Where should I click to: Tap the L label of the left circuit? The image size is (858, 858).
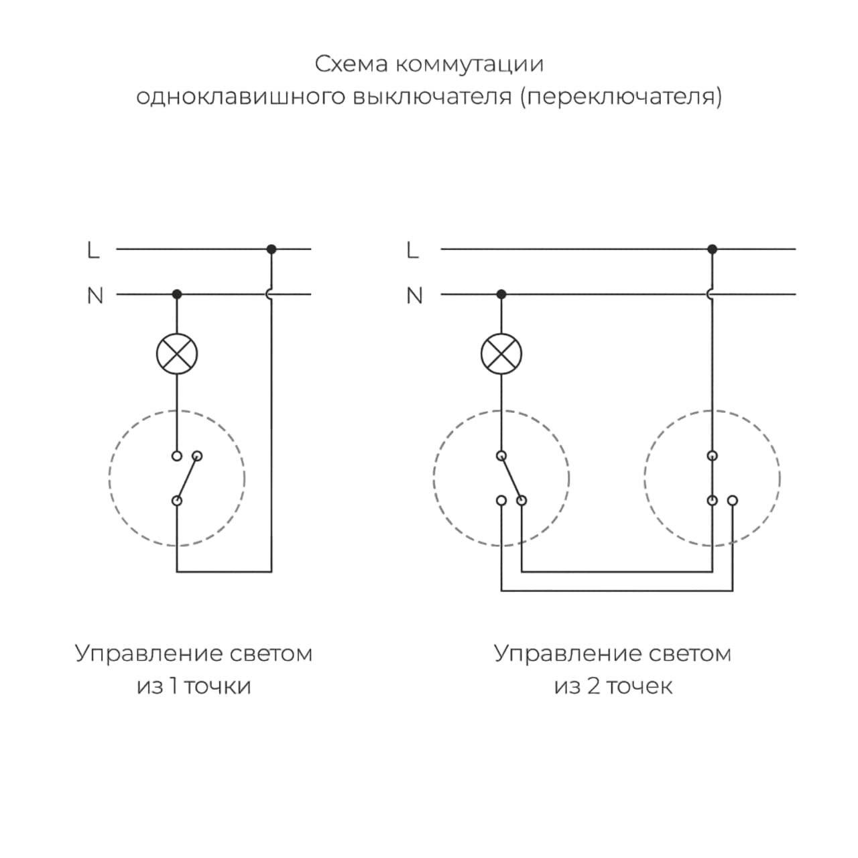point(93,251)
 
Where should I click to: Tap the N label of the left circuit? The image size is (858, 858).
point(95,296)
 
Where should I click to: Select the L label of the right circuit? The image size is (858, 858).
point(412,251)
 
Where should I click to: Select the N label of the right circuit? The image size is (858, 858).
point(415,296)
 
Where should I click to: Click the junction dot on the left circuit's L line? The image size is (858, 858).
point(271,249)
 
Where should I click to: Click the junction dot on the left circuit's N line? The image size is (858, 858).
point(177,294)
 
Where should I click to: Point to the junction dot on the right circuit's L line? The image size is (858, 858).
point(712,249)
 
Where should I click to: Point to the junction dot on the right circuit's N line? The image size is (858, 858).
point(501,294)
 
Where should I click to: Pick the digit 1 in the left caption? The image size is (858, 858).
point(173,686)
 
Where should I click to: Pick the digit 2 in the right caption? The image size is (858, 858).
point(593,686)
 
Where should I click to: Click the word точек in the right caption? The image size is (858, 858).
point(639,686)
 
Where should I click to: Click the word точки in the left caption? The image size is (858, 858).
point(217,686)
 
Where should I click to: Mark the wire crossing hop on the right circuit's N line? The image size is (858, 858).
point(711,294)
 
